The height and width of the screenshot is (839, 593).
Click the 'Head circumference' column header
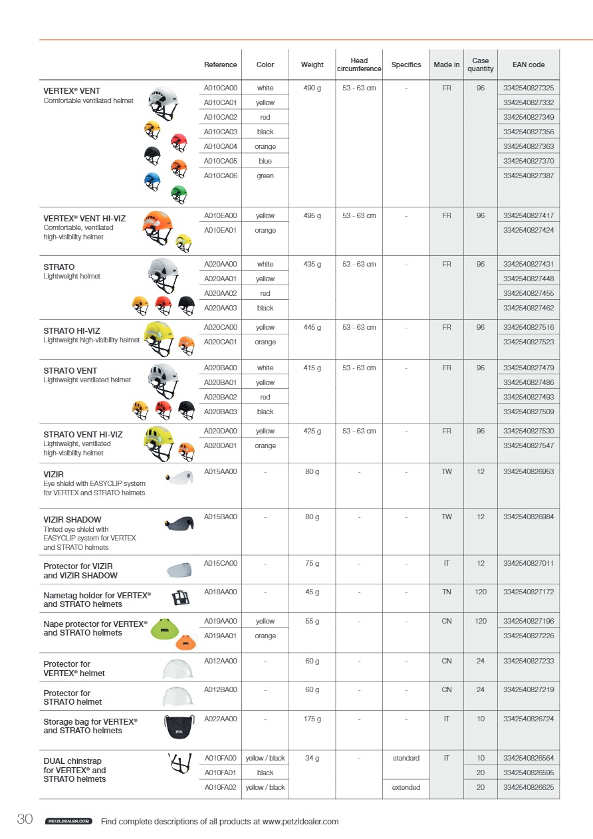[359, 64]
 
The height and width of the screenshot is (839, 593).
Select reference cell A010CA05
[220, 161]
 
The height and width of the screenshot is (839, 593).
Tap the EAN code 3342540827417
[529, 215]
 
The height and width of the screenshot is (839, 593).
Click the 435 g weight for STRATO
[312, 264]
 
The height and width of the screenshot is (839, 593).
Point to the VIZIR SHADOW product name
[72, 519]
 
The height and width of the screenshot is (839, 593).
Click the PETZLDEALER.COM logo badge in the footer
[68, 822]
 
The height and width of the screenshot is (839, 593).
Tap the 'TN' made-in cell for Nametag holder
[447, 592]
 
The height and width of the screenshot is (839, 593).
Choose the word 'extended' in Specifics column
[406, 787]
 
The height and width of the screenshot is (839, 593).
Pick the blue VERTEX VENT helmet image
[152, 180]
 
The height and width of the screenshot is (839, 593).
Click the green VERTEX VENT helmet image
[179, 193]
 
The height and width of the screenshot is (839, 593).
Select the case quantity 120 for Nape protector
[481, 621]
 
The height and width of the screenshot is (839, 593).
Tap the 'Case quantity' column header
[481, 64]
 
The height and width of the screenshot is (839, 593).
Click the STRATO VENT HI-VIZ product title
[83, 435]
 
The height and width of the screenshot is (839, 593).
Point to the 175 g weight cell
[312, 719]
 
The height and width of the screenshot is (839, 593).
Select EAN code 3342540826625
[529, 787]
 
